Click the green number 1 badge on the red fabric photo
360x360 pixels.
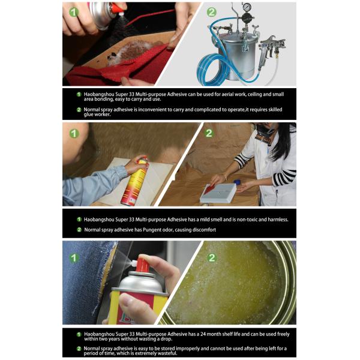coord(73,11)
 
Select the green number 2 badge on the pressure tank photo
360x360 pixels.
coord(212,11)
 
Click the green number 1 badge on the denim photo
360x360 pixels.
coord(73,259)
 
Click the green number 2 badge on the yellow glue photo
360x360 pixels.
coord(211,259)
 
